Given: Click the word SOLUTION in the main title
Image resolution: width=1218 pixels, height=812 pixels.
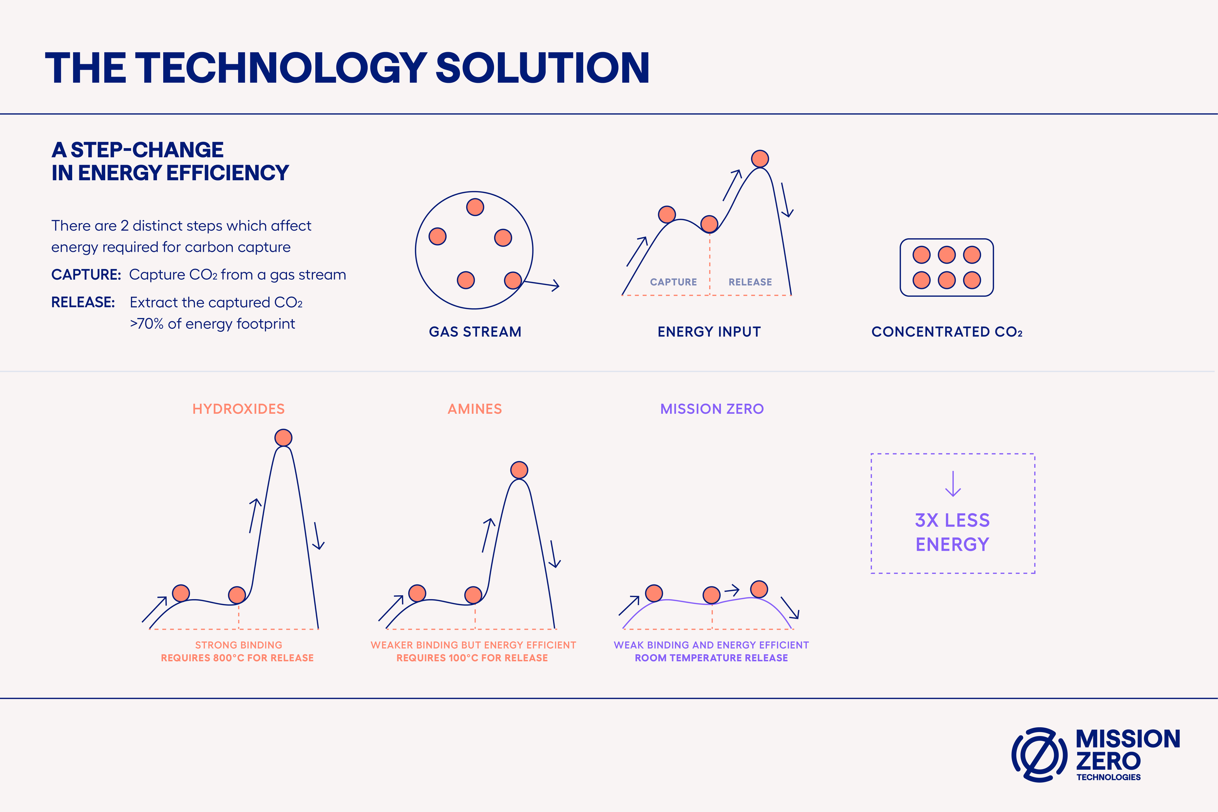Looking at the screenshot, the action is click(x=543, y=68).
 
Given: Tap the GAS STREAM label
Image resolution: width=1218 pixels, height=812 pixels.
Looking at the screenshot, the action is click(x=475, y=331).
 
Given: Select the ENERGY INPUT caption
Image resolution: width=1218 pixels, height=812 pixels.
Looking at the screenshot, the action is click(x=709, y=331).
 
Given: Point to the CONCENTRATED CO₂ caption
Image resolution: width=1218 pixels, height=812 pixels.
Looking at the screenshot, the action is click(x=947, y=331).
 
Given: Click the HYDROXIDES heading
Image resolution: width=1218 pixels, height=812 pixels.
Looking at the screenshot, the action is click(x=238, y=409).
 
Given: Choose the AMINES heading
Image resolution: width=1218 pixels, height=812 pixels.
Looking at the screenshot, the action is click(x=475, y=409).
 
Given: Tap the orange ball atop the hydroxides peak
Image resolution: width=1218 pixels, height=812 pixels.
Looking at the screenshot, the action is click(x=283, y=437).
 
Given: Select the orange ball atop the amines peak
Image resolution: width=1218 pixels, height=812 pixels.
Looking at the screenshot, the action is click(x=519, y=470).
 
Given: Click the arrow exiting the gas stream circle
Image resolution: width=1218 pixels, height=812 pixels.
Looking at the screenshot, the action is click(x=542, y=284).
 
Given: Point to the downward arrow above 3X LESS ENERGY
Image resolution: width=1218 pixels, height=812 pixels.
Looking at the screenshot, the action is click(x=953, y=484).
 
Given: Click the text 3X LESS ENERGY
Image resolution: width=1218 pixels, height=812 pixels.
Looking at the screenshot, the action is click(x=952, y=532).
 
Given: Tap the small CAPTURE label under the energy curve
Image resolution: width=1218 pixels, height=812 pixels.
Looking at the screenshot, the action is click(x=673, y=282).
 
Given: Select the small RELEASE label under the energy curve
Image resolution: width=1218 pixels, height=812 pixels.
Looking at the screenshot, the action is click(x=750, y=282).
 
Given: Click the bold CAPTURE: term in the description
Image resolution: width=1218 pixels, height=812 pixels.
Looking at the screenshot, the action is click(x=86, y=274).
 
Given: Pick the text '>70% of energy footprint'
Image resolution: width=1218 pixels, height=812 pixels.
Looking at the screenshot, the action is click(x=212, y=323).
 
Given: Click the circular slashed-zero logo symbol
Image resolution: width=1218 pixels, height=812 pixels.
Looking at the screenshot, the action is click(x=1039, y=755).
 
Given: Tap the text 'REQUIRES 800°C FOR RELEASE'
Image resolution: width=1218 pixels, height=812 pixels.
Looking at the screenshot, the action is click(x=237, y=658).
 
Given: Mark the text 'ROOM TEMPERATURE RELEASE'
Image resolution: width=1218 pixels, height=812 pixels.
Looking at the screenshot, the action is click(x=711, y=658).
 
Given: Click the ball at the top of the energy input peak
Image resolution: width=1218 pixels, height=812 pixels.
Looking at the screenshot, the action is click(x=760, y=158).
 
